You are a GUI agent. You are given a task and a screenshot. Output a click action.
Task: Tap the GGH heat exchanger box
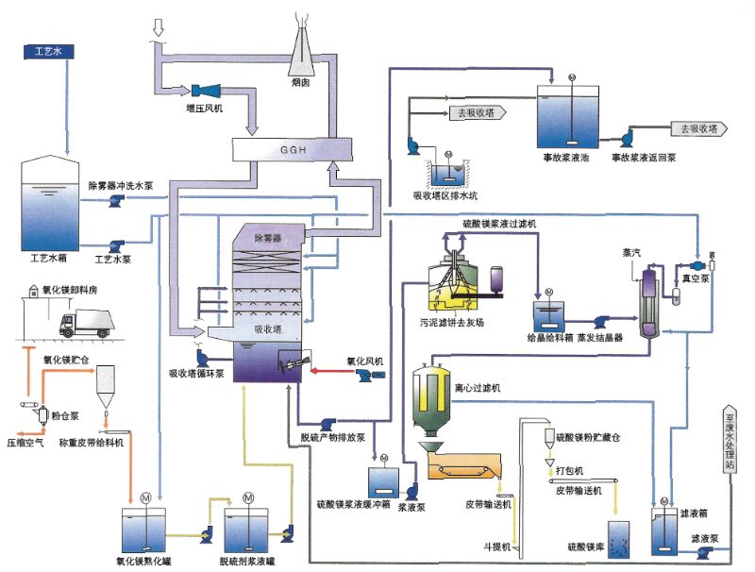287,149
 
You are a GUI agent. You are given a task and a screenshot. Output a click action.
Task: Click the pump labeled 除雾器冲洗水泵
115,201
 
